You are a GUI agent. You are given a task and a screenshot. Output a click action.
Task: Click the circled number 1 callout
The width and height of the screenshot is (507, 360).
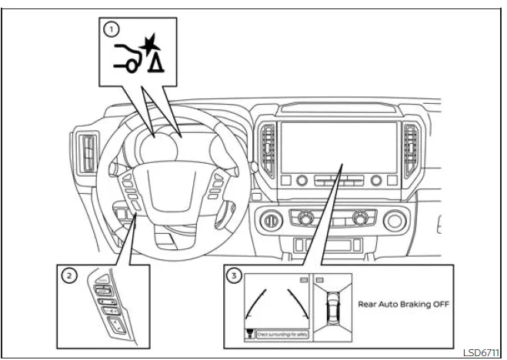113,30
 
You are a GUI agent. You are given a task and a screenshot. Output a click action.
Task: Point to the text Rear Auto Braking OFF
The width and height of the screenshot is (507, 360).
403,304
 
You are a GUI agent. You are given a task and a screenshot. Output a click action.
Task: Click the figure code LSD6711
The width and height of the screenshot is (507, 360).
480,352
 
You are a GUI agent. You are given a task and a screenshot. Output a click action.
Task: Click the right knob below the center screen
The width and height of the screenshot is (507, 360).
376,181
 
